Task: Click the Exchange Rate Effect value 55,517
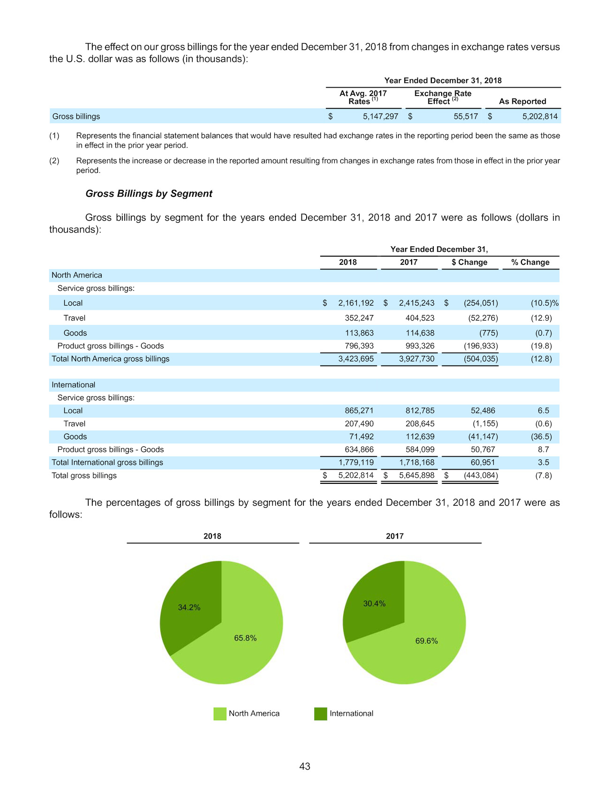[466, 116]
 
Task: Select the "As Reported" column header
[522, 101]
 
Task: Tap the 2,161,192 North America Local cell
[356, 303]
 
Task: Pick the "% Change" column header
[530, 262]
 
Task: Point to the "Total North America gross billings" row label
[111, 359]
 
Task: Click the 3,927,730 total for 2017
[417, 359]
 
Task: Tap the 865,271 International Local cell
[359, 410]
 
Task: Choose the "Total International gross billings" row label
[107, 462]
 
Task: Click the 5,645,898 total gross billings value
[417, 475]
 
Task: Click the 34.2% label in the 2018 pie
[189, 607]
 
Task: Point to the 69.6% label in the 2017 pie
[427, 641]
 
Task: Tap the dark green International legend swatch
[321, 714]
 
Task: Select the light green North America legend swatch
[220, 714]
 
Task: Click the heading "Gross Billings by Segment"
[149, 194]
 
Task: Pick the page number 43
[305, 766]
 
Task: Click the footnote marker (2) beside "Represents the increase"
[54, 161]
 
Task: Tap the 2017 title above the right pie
[395, 536]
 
